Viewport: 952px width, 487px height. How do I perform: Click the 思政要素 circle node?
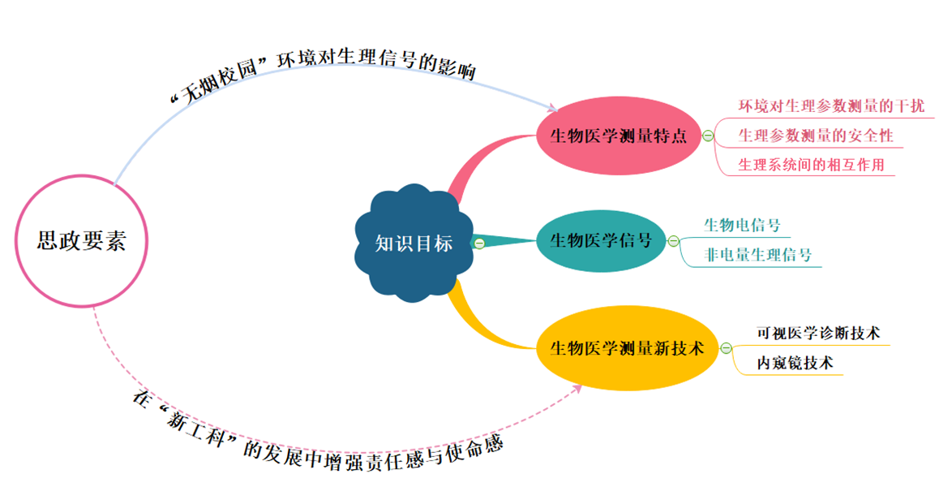click(x=81, y=241)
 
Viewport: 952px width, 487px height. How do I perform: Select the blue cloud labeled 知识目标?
click(x=414, y=243)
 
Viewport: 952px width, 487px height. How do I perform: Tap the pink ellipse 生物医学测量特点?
click(x=618, y=136)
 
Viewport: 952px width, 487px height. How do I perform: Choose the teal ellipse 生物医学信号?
click(x=600, y=240)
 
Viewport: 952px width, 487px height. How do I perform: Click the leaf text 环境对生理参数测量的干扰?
click(x=830, y=106)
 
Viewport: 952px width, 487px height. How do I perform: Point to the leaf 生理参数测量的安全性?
click(x=816, y=136)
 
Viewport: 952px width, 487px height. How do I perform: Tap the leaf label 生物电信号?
click(x=742, y=225)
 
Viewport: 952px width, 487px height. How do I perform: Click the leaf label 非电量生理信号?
click(x=758, y=255)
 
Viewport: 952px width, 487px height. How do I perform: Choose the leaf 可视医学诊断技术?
click(x=818, y=333)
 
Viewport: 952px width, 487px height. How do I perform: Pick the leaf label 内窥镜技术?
click(x=795, y=363)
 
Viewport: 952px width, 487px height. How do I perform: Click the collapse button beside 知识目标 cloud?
click(x=478, y=243)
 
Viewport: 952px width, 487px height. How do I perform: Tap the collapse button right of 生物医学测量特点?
click(x=708, y=136)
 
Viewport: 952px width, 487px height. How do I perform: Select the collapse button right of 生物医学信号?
click(x=672, y=240)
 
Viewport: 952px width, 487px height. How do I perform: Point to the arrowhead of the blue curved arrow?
click(x=554, y=108)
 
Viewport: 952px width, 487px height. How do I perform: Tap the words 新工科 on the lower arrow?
click(x=195, y=431)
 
